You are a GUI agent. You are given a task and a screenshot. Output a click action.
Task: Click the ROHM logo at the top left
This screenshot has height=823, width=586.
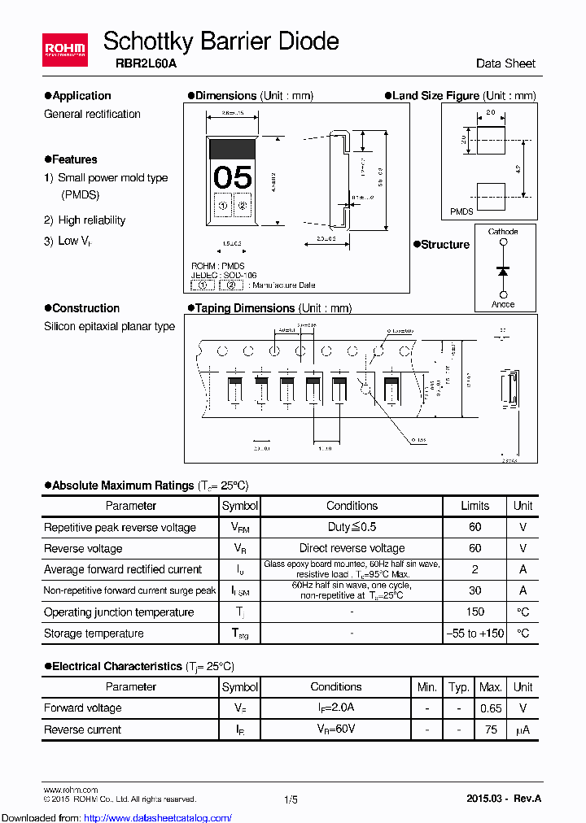(65, 50)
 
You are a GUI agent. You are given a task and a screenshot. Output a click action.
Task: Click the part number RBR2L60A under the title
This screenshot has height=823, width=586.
(131, 64)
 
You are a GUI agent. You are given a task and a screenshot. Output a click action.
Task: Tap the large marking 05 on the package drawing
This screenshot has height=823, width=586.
(233, 177)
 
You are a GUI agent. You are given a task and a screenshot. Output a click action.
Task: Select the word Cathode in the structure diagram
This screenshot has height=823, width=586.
(503, 232)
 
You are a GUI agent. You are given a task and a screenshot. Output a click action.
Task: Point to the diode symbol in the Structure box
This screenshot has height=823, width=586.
(503, 269)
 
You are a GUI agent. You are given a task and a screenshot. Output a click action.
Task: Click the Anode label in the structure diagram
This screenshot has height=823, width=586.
(503, 304)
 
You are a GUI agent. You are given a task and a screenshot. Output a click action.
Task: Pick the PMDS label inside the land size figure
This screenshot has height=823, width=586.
(461, 211)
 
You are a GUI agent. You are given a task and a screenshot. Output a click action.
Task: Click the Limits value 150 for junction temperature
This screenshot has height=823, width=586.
(475, 612)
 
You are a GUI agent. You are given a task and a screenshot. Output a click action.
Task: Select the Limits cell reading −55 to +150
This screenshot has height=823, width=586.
(475, 634)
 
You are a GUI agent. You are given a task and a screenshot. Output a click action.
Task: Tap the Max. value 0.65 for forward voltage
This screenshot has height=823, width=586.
(491, 708)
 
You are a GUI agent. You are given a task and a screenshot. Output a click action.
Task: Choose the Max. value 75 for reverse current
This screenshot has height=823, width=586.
(491, 729)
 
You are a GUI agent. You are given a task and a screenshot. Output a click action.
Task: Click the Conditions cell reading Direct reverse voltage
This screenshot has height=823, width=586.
(352, 549)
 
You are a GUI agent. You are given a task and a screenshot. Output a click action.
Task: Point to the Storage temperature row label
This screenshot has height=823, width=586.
(94, 634)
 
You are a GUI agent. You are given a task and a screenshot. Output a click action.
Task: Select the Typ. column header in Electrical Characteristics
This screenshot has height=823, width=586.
(459, 687)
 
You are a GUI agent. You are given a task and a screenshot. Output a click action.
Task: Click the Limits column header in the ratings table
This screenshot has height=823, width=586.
(475, 506)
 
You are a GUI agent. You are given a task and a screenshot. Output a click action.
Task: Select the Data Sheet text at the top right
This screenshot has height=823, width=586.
(505, 63)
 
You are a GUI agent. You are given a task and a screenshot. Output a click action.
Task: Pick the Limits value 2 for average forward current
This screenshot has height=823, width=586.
(475, 570)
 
